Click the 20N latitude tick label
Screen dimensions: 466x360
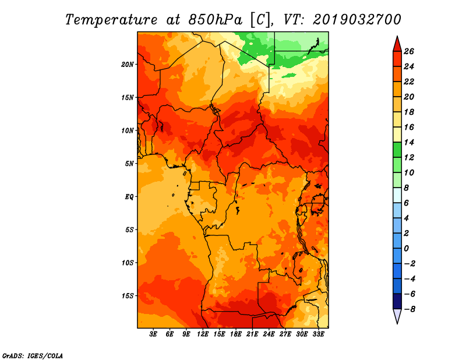[127, 65]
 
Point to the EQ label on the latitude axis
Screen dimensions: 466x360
[129, 197]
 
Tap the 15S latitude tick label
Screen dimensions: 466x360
[128, 296]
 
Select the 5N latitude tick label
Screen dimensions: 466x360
[129, 164]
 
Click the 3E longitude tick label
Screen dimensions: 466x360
[153, 334]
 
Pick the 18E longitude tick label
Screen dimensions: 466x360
[236, 334]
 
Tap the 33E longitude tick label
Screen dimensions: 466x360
[318, 334]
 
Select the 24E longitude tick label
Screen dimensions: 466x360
[269, 334]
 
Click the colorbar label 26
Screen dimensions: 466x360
[409, 51]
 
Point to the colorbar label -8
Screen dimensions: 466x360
[409, 309]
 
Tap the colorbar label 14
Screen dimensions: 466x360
[409, 142]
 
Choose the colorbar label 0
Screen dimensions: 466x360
[406, 249]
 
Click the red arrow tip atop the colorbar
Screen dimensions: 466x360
[397, 37]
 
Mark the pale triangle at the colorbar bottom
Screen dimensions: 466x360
[397, 316]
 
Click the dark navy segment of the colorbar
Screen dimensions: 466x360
[397, 301]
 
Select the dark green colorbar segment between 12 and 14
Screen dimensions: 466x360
[397, 150]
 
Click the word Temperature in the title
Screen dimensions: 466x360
[111, 20]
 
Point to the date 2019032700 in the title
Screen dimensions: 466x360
[357, 20]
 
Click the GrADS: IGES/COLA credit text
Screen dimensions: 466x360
[33, 355]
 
